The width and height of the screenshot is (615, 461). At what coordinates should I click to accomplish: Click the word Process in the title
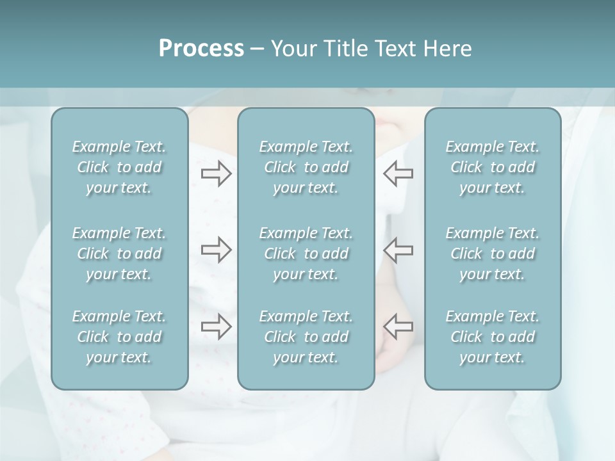201,49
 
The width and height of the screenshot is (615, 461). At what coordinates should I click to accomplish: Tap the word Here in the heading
448,49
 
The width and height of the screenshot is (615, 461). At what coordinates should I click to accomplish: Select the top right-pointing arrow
216,174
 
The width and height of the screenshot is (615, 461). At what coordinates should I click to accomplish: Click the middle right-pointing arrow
216,250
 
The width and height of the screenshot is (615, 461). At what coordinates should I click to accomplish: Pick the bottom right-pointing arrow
216,327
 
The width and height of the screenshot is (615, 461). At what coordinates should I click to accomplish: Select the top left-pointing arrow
398,174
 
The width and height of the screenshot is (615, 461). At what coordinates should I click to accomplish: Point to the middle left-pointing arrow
398,250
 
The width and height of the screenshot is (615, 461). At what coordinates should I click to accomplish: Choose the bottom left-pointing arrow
398,327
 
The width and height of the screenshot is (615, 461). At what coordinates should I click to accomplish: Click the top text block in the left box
119,167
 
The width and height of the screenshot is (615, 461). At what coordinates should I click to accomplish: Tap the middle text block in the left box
119,254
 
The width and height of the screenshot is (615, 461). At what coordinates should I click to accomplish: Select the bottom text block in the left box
119,337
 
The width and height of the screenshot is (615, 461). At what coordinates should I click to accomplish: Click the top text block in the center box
306,167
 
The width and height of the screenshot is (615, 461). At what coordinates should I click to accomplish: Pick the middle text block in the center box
306,254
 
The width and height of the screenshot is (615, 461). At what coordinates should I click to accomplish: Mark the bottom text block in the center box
306,337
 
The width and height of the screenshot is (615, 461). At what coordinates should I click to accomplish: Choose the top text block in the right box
492,167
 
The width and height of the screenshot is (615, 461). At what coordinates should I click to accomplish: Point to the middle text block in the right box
492,254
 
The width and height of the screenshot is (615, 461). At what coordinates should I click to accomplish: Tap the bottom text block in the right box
492,337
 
